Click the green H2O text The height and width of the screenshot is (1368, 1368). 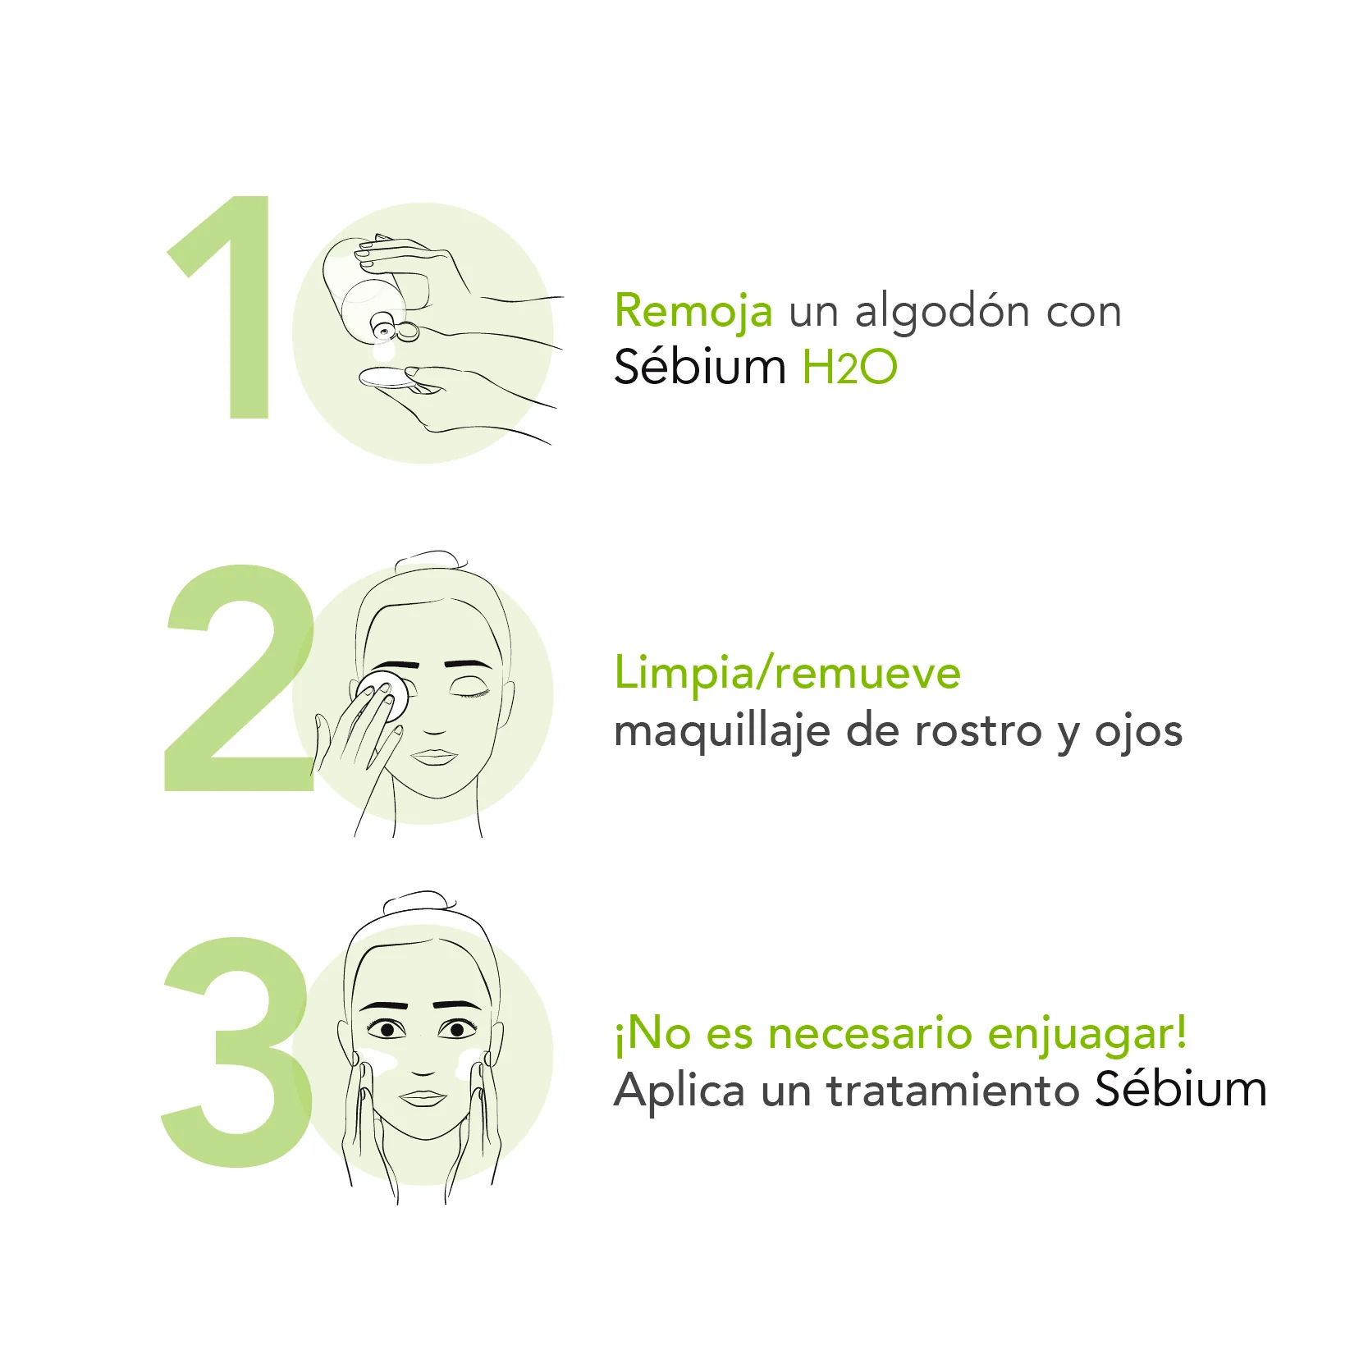pos(849,367)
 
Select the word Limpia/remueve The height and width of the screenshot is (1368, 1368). pos(787,675)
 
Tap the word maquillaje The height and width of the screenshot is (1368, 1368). pos(722,732)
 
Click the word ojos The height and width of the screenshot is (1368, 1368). pos(1138,732)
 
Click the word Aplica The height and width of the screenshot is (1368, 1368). pos(679,1091)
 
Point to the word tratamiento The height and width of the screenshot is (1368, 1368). pos(952,1091)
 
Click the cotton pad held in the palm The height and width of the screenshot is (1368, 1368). pos(387,378)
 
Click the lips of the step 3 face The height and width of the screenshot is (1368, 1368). pos(423,1098)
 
